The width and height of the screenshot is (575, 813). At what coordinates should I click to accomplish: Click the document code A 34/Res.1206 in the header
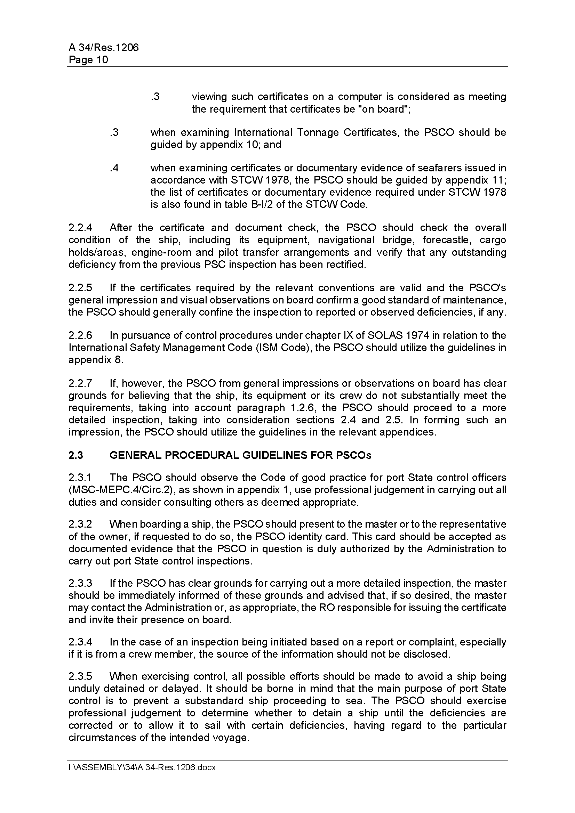click(x=103, y=48)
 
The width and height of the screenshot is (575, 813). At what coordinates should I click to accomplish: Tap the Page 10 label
click(x=88, y=59)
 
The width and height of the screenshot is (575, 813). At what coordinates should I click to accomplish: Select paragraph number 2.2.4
click(x=80, y=228)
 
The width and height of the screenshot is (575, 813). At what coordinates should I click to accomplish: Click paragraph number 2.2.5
click(x=80, y=287)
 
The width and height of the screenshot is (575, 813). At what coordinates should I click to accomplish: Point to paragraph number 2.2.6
click(x=80, y=335)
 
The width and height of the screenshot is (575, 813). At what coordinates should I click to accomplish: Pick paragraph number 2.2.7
click(x=80, y=383)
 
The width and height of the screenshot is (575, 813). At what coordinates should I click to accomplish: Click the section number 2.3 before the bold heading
click(x=75, y=455)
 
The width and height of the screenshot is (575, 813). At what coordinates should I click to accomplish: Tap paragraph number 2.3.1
click(x=80, y=478)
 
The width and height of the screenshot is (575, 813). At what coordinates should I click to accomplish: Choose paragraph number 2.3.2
click(x=80, y=524)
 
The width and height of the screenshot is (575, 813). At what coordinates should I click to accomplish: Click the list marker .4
click(x=114, y=168)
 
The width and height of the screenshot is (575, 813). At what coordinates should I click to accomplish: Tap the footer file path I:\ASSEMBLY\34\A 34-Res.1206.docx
click(x=142, y=768)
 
